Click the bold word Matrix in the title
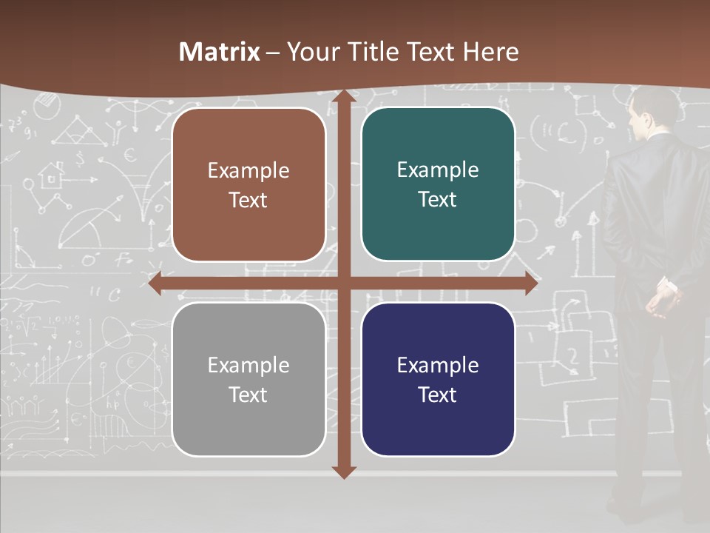220,52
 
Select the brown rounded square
248,184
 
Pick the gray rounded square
248,379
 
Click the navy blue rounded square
438,379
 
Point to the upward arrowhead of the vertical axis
343,96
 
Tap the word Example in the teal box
438,170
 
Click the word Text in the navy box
438,395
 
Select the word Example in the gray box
248,365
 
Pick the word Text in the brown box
248,200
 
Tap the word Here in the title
491,52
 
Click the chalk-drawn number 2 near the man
572,355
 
